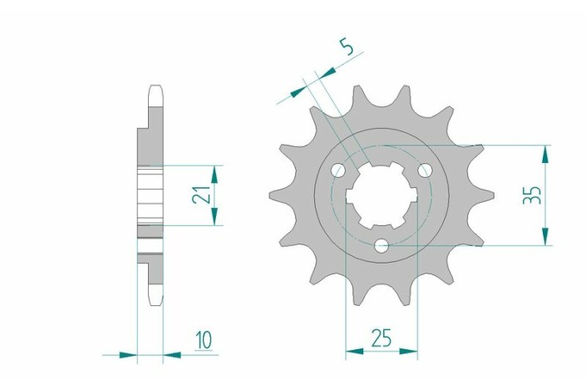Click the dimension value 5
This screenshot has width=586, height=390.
tap(348, 47)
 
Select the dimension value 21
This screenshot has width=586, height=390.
tap(200, 195)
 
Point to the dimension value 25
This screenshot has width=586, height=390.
tap(382, 338)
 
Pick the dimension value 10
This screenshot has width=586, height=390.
tap(204, 339)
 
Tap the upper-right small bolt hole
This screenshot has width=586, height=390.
tap(425, 170)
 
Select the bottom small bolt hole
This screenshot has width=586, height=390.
tap(382, 245)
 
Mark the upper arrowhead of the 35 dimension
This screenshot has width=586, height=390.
tap(545, 153)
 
